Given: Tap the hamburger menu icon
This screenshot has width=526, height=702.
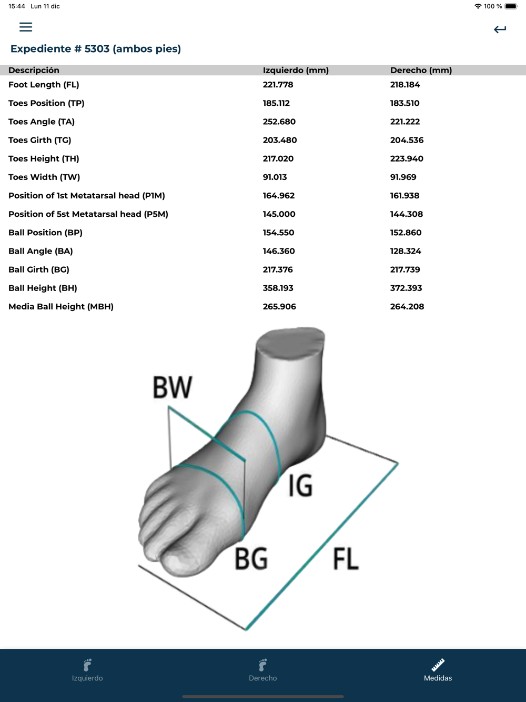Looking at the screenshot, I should click(26, 27).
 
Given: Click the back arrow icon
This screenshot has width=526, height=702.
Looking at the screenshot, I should click(500, 29).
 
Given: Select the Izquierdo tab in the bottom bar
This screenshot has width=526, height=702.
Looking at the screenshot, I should click(87, 670).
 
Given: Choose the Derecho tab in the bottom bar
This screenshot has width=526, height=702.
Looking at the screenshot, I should click(263, 670).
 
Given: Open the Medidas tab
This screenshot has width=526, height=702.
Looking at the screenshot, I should click(438, 670).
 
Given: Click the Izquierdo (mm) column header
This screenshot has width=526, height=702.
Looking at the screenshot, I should click(296, 71).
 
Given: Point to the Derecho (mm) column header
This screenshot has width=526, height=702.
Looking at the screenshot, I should click(421, 71).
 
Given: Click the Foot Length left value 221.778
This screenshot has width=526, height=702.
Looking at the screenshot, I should click(278, 85).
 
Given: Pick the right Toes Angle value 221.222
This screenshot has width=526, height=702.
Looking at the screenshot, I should click(405, 122).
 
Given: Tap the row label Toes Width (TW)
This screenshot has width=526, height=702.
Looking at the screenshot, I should click(44, 177).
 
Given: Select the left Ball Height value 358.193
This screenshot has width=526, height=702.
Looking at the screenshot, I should click(278, 288).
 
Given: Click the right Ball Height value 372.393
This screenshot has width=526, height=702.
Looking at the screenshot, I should click(406, 288).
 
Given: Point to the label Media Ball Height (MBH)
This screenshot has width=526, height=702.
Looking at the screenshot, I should click(61, 307).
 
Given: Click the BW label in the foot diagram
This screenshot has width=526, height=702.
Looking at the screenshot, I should click(173, 388).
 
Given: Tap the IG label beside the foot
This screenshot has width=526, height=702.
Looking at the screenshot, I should click(300, 485).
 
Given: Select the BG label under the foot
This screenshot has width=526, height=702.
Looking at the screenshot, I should click(251, 559).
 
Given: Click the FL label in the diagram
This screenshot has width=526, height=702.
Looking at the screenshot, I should click(346, 559).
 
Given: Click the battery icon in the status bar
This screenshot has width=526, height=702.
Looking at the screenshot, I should click(511, 6).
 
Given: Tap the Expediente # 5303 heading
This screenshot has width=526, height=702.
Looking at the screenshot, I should click(96, 49).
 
